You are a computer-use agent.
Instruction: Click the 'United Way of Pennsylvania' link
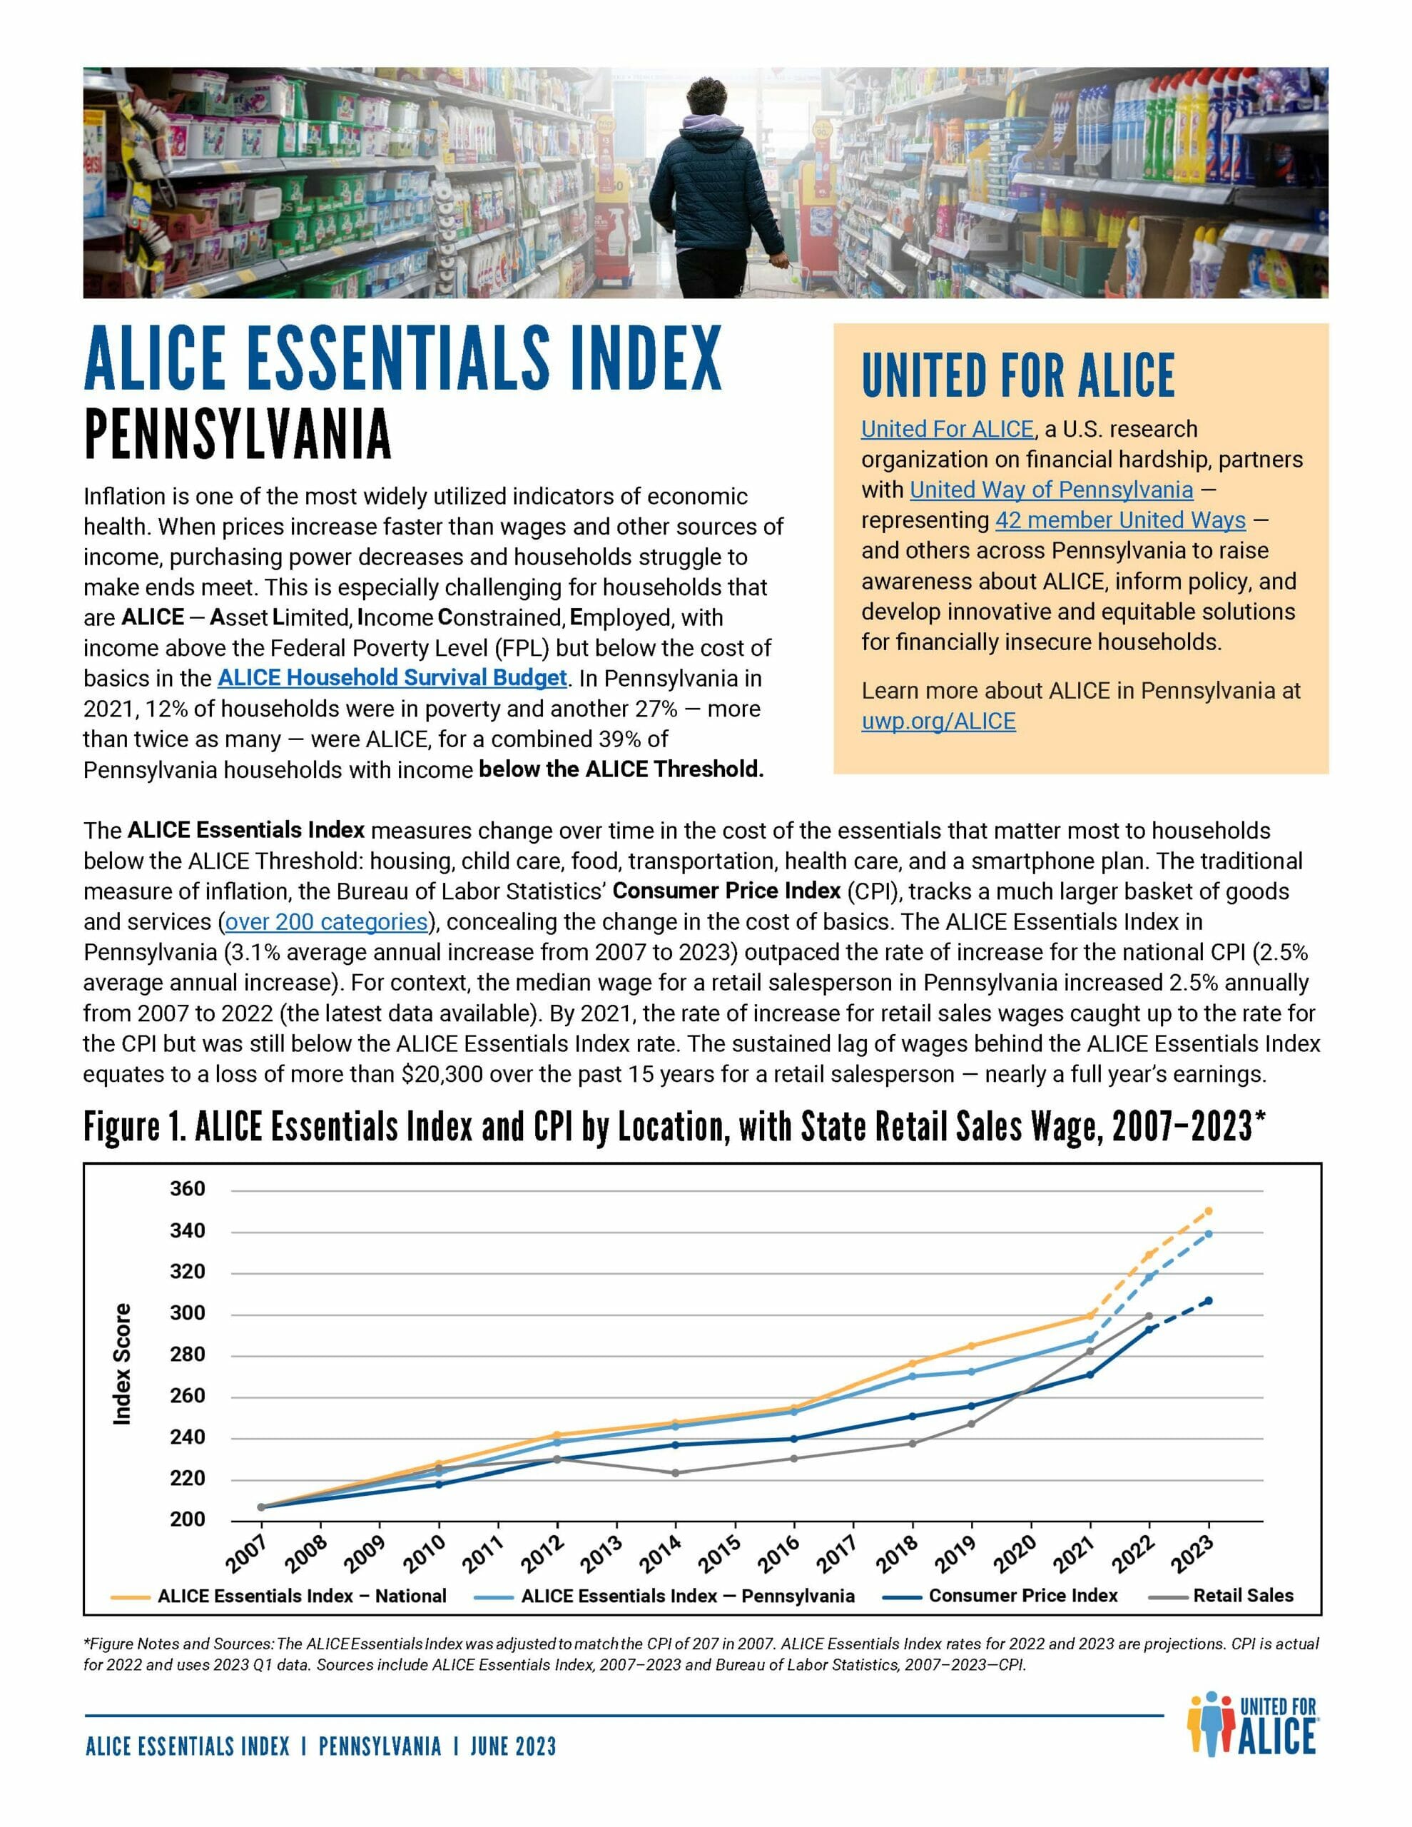(x=1052, y=490)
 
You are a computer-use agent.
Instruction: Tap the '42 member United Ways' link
(x=1119, y=520)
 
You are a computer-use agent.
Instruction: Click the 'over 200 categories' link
(x=326, y=922)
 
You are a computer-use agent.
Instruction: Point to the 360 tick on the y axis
(x=188, y=1189)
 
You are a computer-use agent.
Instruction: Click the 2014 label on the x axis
(x=661, y=1555)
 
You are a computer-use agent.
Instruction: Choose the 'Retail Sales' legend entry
(x=1243, y=1596)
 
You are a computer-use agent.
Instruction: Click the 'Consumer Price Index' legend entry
(x=1022, y=1596)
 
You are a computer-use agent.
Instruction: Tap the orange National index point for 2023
(x=1208, y=1210)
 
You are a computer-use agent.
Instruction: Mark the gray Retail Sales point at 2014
(x=675, y=1473)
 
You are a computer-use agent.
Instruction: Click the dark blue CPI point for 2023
(x=1208, y=1301)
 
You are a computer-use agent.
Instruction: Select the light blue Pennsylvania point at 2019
(x=971, y=1372)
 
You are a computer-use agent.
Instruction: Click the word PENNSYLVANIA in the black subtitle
(x=238, y=435)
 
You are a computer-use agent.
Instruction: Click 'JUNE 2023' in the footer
(x=513, y=1746)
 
